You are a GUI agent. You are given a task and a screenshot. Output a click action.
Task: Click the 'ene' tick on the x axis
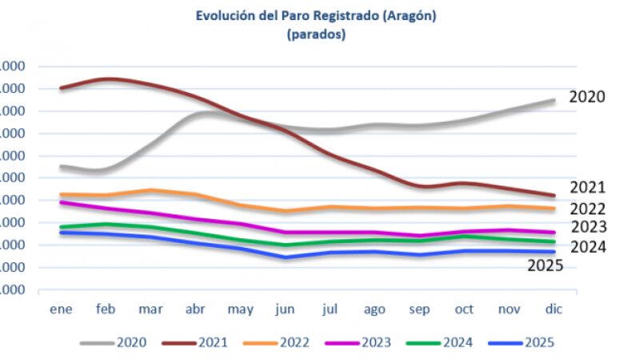point(60,309)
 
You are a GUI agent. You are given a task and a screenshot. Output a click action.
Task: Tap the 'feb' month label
point(106,309)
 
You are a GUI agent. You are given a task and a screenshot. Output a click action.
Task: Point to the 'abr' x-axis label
point(196,309)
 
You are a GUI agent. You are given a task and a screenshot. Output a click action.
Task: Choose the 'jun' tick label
point(286,309)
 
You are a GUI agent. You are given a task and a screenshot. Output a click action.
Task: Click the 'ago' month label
point(374,309)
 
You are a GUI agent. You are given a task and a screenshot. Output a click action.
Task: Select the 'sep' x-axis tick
point(419,309)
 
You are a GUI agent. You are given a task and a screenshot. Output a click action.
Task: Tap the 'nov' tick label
point(508,309)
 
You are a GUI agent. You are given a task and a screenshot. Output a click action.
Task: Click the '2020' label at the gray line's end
point(587,97)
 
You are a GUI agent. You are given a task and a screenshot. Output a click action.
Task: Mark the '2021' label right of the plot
point(587,188)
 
